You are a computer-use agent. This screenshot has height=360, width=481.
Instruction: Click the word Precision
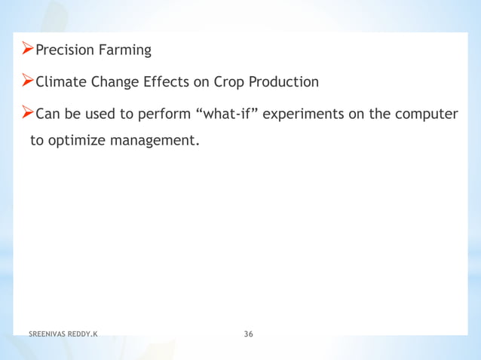coord(65,50)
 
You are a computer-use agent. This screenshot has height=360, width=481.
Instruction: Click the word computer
coord(426,114)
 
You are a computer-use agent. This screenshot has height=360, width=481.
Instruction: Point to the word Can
coord(48,114)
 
